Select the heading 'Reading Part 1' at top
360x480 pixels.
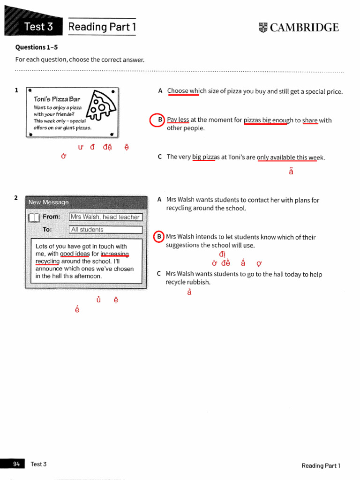(102, 27)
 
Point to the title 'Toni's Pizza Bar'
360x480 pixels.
(57, 99)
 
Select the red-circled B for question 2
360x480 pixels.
(160, 237)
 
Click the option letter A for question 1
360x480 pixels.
(160, 91)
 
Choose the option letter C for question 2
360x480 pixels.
(159, 274)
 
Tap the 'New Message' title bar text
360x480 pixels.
(48, 202)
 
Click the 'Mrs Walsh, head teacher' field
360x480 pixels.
(105, 217)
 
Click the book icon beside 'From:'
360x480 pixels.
(34, 217)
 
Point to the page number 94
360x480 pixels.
(16, 464)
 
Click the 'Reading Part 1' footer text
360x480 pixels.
(321, 465)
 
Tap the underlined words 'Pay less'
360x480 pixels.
(178, 120)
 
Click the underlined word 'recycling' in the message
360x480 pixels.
(47, 261)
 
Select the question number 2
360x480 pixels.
(16, 198)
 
